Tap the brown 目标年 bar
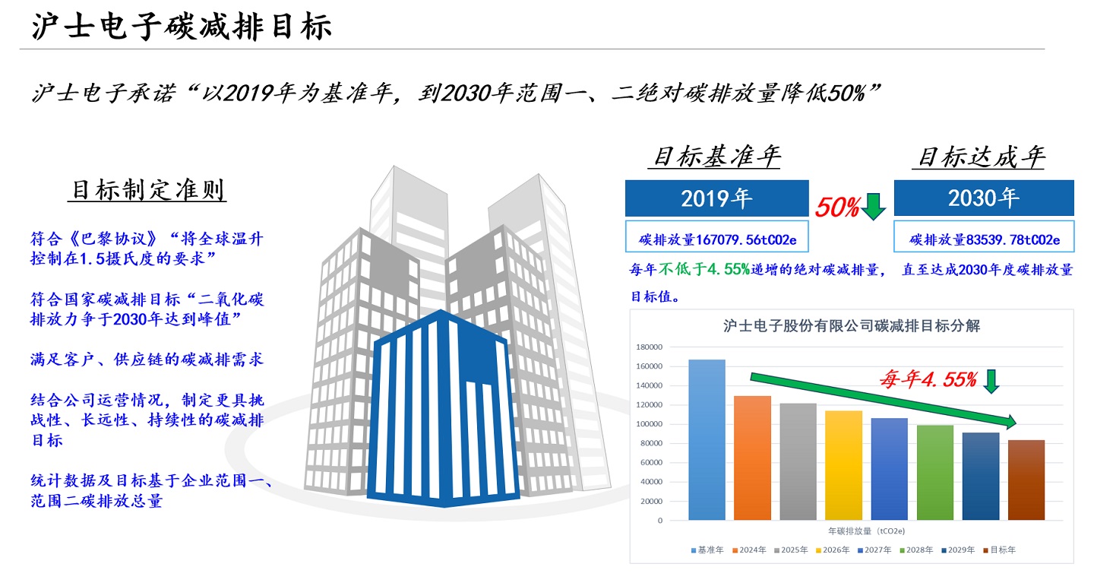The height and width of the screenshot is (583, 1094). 1026,480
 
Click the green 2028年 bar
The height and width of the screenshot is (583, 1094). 934,472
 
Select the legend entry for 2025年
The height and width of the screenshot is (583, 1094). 792,550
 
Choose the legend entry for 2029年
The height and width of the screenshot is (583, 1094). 957,550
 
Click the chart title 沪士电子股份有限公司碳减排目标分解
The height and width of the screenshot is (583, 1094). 851,326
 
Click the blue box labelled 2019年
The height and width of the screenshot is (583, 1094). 716,198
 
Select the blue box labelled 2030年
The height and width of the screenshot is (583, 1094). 984,198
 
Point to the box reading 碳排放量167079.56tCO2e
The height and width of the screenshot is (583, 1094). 716,239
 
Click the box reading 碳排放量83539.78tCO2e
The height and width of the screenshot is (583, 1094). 984,239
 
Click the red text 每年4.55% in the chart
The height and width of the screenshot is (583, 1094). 927,379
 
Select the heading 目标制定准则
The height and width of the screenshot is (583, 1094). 149,189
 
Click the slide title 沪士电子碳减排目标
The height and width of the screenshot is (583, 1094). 182,27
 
